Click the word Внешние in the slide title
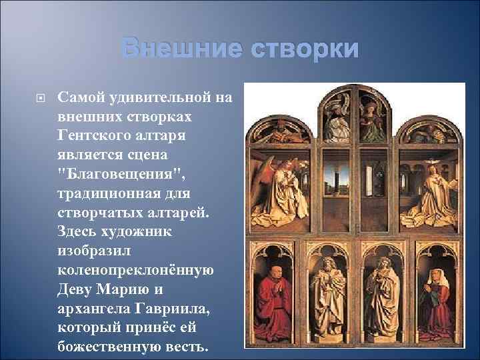point(181,49)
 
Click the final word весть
point(190,348)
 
